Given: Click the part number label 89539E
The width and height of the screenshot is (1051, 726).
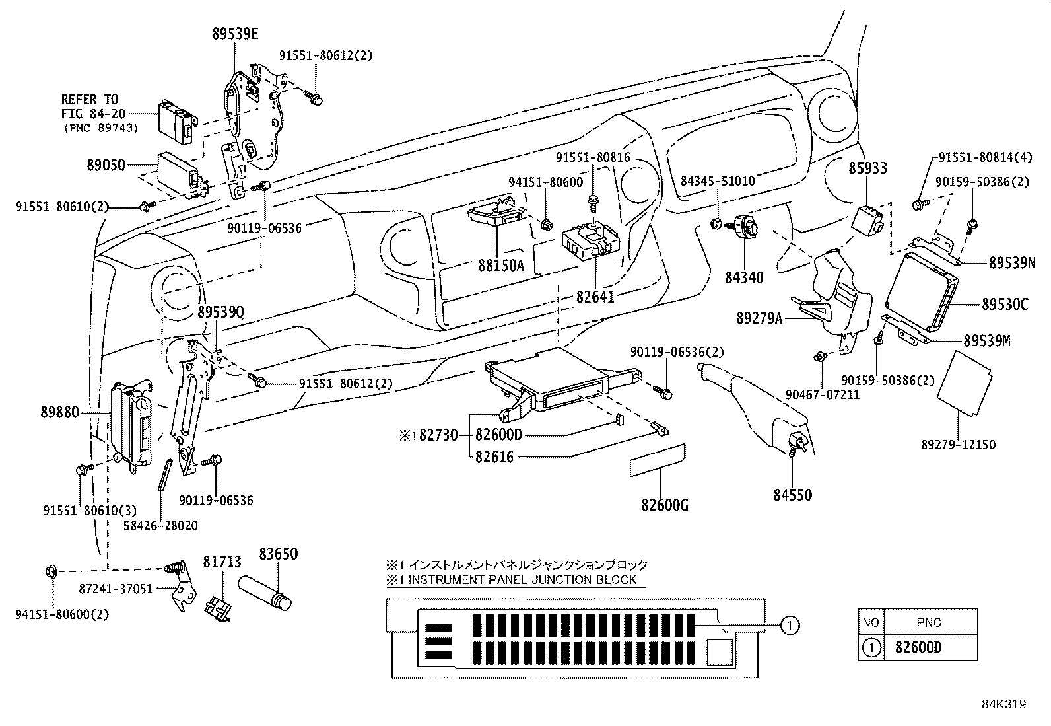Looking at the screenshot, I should (x=235, y=34).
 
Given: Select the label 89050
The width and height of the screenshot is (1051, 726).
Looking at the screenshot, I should (x=106, y=164).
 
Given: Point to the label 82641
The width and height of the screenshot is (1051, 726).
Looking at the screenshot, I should (x=595, y=297).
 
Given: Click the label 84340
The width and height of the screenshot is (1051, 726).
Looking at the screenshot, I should (x=744, y=278).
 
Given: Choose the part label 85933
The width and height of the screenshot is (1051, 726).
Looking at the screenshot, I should (x=867, y=168).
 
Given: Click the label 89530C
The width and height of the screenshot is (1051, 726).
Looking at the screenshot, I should (x=1005, y=305).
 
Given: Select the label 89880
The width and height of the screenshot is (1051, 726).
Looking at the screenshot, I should (x=59, y=413).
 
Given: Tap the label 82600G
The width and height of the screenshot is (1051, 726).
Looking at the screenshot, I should (x=665, y=505).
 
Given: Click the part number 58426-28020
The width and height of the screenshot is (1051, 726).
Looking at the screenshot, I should (x=160, y=526).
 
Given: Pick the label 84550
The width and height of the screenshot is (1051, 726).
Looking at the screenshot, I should (x=792, y=495).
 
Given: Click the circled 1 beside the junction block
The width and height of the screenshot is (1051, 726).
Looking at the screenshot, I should (x=790, y=624).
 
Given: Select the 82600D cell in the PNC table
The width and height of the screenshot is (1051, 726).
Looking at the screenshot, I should (x=918, y=647).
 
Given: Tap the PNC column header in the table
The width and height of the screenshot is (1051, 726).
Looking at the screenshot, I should (x=928, y=622).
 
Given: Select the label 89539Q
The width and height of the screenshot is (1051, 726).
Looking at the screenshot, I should (x=220, y=312).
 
